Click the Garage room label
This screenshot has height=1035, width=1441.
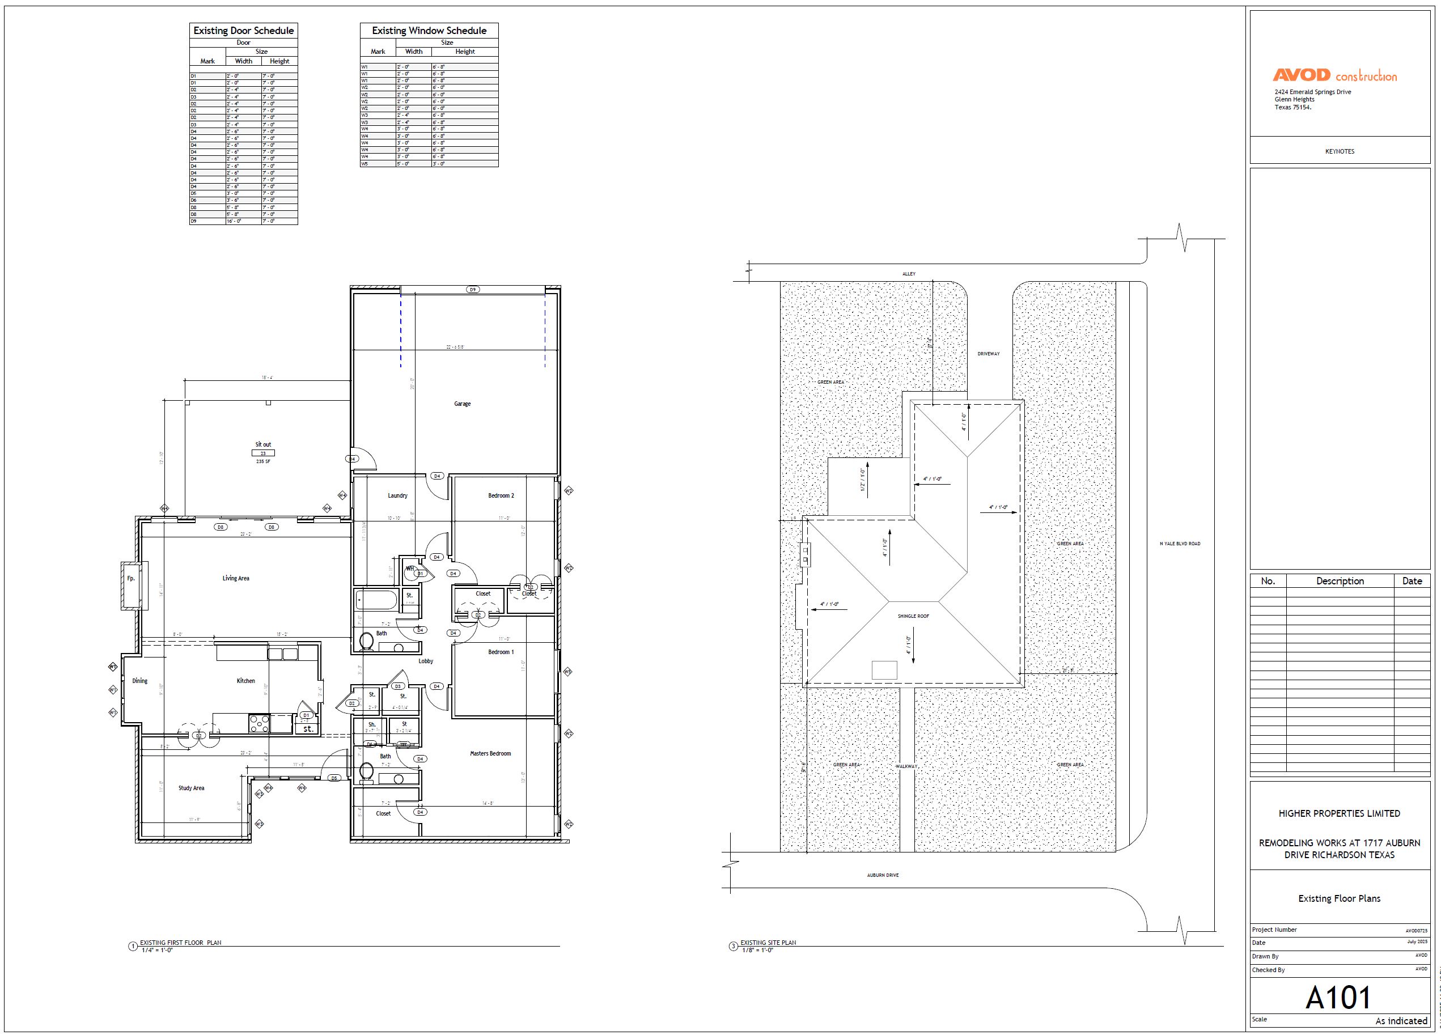click(462, 404)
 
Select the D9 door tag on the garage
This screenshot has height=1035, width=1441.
click(473, 290)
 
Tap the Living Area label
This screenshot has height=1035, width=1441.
click(236, 578)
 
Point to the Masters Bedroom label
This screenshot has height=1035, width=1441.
click(490, 753)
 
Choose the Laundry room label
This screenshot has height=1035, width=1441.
click(398, 495)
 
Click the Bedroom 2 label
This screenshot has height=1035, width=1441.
click(501, 495)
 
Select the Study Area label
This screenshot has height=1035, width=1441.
click(191, 788)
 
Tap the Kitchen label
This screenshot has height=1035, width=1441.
click(246, 681)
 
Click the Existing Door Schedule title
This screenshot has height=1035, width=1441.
click(243, 31)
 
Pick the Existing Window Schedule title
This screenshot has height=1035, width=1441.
click(429, 31)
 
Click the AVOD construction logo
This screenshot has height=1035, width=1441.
click(1334, 75)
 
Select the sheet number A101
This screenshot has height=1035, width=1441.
click(1338, 998)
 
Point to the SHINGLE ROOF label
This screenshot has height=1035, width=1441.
click(913, 616)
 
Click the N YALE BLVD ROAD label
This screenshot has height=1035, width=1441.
click(1180, 544)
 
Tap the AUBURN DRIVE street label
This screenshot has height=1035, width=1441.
click(883, 876)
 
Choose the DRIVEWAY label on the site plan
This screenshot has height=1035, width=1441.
click(988, 354)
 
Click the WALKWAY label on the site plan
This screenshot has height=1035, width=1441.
click(906, 766)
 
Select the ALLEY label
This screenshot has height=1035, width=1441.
click(909, 274)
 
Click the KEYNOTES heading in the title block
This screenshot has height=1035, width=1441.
click(1340, 151)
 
